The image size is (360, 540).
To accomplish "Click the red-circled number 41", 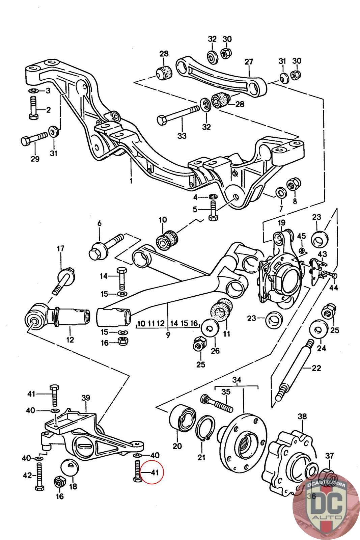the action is (155, 472).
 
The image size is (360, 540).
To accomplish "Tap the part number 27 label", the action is (249, 62).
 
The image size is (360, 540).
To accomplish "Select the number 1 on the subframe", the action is (131, 181).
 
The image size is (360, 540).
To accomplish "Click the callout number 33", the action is (182, 136).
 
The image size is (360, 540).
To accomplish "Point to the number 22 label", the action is (316, 368).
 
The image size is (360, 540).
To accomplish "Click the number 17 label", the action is (60, 248).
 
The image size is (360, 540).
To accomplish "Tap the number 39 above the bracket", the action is (86, 398).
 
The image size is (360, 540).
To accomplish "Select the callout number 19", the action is (281, 222).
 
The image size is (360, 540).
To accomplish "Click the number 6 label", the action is (100, 223).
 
